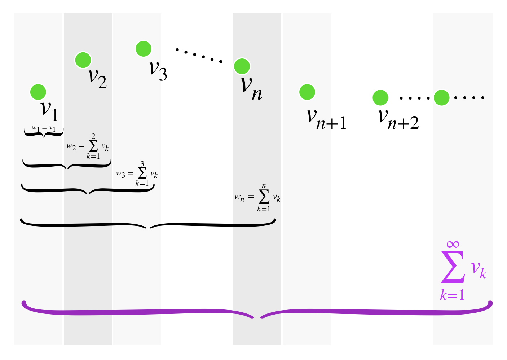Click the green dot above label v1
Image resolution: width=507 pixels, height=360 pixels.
pyautogui.click(x=38, y=92)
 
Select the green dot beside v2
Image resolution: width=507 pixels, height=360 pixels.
pyautogui.click(x=83, y=60)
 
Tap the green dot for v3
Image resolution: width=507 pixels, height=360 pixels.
pyautogui.click(x=144, y=49)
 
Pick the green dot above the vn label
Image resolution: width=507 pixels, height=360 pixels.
pyautogui.click(x=242, y=66)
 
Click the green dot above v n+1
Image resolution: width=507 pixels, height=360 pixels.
pyautogui.click(x=307, y=92)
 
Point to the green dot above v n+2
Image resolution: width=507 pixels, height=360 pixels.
pyautogui.click(x=380, y=97)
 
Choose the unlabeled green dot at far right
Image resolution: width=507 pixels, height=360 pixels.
pyautogui.click(x=441, y=97)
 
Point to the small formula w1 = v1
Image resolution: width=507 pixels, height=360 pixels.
pyautogui.click(x=44, y=128)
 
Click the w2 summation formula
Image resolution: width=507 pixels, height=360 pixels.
pyautogui.click(x=88, y=146)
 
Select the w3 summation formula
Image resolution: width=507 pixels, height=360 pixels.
pyautogui.click(x=137, y=174)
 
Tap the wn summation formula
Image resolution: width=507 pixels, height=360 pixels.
pyautogui.click(x=257, y=198)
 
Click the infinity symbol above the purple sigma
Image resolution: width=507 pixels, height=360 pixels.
pyautogui.click(x=453, y=245)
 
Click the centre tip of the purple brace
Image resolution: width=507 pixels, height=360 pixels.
pyautogui.click(x=257, y=318)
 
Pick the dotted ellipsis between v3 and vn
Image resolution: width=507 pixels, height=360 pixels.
pyautogui.click(x=199, y=55)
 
